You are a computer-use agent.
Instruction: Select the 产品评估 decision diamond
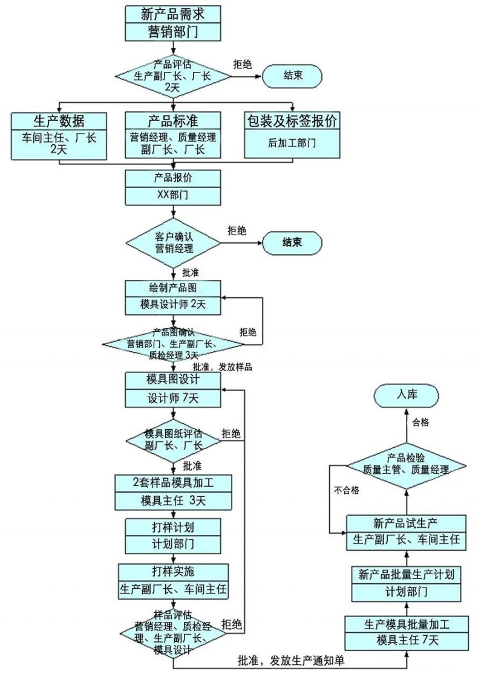click(x=173, y=76)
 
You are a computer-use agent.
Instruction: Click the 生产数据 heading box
click(x=59, y=121)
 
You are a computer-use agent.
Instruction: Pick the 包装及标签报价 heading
click(x=292, y=121)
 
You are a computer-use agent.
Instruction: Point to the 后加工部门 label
click(x=292, y=144)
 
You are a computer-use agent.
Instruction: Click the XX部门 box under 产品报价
click(x=173, y=196)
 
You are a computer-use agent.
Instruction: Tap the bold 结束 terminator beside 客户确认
click(x=292, y=242)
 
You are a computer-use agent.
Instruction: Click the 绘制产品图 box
click(x=173, y=288)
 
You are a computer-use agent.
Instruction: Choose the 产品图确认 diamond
click(x=173, y=343)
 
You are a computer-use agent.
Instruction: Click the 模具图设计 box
click(x=173, y=380)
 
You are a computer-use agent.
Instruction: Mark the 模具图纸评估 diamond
click(x=173, y=439)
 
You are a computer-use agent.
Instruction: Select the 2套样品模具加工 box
click(x=173, y=483)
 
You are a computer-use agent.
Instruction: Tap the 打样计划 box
click(x=173, y=526)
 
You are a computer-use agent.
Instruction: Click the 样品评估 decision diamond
click(x=173, y=633)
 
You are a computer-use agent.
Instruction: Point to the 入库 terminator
click(x=406, y=395)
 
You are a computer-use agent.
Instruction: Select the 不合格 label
click(x=346, y=490)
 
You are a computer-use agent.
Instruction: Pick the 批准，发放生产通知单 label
click(x=291, y=661)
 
